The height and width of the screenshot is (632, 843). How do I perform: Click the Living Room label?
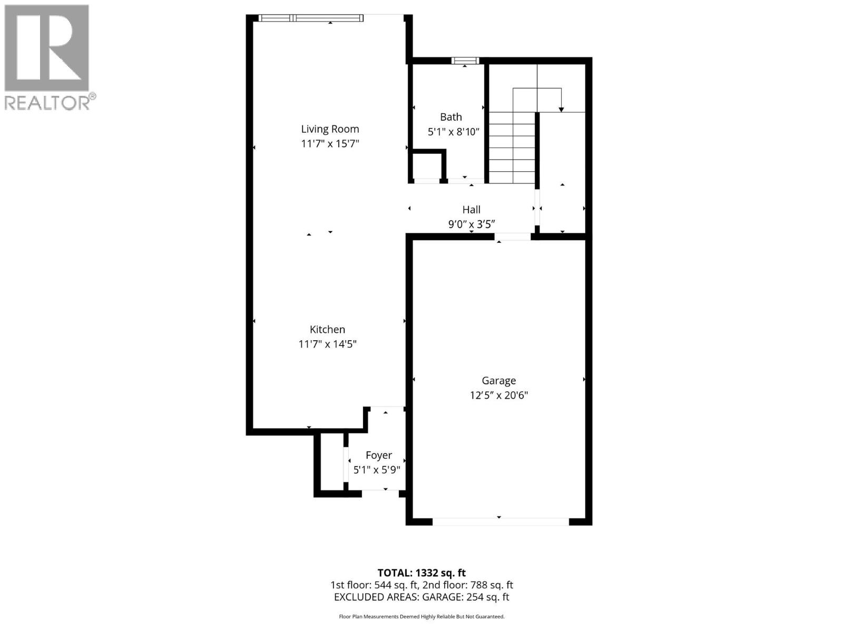tap(330, 129)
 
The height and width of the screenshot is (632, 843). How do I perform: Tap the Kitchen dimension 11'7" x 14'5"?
tap(327, 344)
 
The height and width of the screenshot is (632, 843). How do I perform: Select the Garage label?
tap(498, 380)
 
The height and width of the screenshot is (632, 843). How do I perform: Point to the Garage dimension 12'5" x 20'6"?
tap(498, 395)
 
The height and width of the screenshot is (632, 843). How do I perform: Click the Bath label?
tap(451, 117)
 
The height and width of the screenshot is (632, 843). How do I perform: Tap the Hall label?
tap(471, 210)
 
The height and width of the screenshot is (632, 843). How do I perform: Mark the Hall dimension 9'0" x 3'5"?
tap(471, 224)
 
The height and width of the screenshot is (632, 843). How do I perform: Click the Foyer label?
tap(378, 455)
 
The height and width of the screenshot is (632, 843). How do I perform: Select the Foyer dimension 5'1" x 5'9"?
tap(377, 470)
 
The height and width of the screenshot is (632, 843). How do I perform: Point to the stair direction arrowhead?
tap(561, 109)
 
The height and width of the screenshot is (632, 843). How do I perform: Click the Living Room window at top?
tap(311, 18)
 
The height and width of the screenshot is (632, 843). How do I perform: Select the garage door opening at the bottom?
tap(500, 521)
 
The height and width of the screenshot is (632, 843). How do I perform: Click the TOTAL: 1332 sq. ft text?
tap(421, 572)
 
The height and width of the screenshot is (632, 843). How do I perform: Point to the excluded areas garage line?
tap(421, 597)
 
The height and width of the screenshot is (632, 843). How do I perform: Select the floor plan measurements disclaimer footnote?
tap(421, 616)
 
